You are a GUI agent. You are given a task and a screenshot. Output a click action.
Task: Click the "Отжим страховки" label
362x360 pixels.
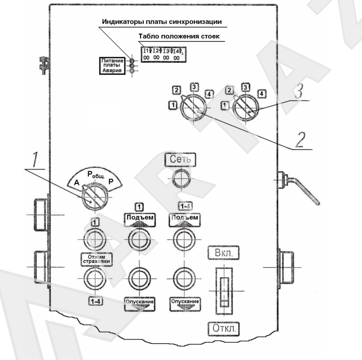click(94, 260)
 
